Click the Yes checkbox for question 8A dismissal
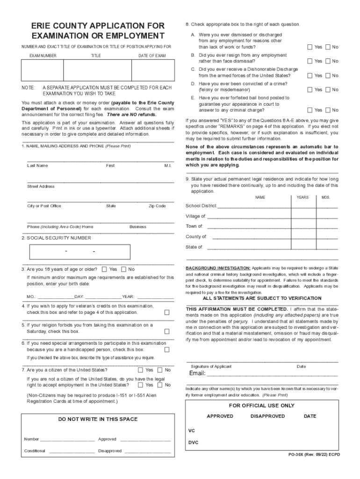(x=310, y=47)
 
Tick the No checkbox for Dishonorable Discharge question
(x=328, y=75)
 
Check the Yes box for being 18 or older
(x=104, y=269)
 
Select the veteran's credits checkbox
(x=166, y=312)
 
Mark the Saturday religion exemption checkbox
(x=166, y=331)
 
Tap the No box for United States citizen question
(x=160, y=370)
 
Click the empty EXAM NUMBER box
(x=40, y=71)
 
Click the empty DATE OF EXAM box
(x=152, y=71)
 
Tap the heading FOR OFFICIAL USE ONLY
(x=262, y=406)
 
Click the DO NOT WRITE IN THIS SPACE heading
(x=98, y=419)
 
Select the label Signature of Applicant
(x=210, y=366)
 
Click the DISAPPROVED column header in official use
(x=267, y=416)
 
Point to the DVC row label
(x=193, y=442)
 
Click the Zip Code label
(x=157, y=206)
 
